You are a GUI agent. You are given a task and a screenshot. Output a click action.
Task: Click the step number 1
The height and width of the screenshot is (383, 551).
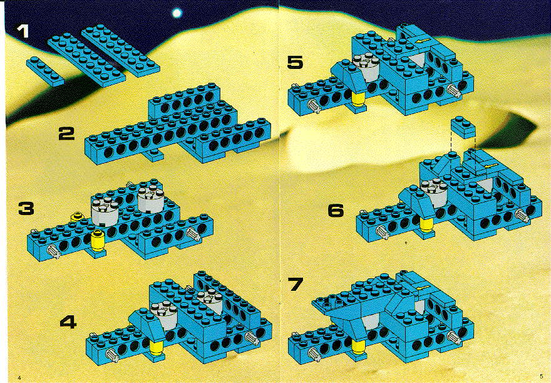click(23, 31)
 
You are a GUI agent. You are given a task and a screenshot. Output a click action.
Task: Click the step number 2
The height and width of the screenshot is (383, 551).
click(66, 134)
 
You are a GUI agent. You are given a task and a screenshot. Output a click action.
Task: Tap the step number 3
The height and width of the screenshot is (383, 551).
click(26, 208)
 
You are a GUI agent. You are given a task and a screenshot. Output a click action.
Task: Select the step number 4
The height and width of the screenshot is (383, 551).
click(68, 322)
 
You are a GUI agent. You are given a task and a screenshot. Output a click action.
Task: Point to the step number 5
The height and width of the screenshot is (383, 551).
click(295, 62)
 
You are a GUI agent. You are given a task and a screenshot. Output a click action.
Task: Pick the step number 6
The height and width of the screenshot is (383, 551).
click(336, 211)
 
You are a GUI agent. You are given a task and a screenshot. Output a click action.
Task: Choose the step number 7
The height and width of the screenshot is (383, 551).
click(295, 284)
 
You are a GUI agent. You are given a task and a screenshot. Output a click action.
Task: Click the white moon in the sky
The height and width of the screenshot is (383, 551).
click(177, 13)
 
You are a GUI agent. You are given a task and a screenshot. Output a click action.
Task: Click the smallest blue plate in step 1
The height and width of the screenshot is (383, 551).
click(45, 71)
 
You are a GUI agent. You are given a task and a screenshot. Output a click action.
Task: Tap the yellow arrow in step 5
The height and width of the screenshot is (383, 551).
click(421, 42)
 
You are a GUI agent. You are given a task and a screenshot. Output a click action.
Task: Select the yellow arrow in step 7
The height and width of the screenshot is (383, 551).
click(423, 289)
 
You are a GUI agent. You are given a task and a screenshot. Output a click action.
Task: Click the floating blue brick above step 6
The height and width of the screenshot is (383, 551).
click(464, 127)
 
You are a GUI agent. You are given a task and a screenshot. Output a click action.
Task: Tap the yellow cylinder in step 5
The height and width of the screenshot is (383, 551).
click(358, 98)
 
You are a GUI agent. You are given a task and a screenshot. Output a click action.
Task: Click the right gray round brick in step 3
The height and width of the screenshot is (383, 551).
click(150, 199)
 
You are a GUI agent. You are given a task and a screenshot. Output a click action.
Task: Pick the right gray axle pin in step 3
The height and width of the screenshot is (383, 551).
click(193, 234)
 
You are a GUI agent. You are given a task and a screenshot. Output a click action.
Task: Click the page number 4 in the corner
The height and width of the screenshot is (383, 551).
click(19, 377)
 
